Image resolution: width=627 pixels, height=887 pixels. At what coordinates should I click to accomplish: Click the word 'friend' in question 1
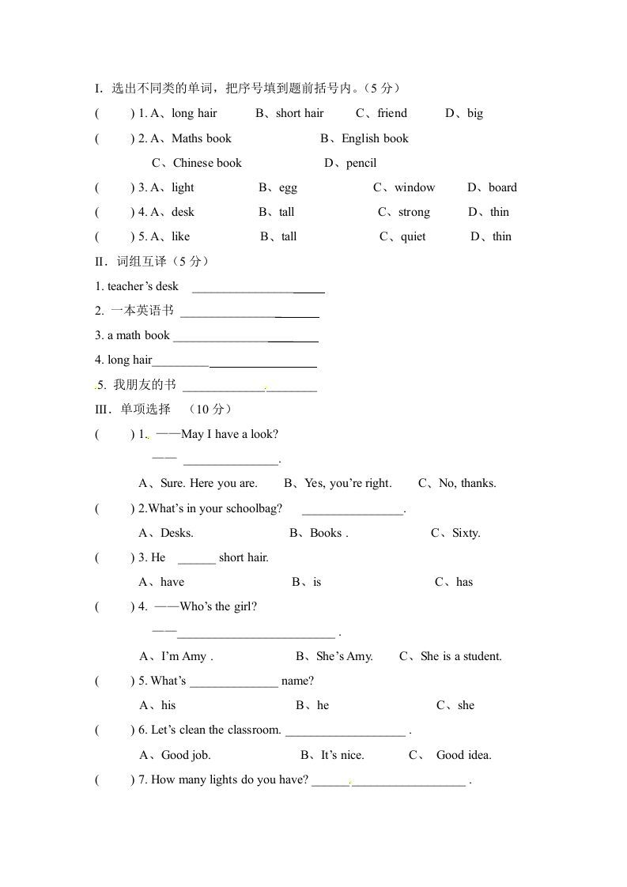392,113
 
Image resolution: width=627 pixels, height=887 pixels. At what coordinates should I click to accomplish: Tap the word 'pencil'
361,163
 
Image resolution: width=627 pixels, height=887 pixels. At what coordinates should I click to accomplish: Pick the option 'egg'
288,187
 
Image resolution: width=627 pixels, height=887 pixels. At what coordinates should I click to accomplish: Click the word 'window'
414,187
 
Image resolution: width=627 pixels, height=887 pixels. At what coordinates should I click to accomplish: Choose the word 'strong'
414,212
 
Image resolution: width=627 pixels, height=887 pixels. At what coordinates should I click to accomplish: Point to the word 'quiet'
413,236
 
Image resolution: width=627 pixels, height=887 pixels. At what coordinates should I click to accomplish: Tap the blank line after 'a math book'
245,340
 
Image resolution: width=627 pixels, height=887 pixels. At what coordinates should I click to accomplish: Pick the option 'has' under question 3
464,582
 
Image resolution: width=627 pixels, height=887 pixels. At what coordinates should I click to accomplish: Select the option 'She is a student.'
461,656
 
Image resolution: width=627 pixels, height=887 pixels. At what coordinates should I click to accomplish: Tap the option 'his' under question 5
168,705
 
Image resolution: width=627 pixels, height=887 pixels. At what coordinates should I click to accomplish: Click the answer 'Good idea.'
463,755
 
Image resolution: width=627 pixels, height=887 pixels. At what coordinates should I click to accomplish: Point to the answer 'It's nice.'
342,755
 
